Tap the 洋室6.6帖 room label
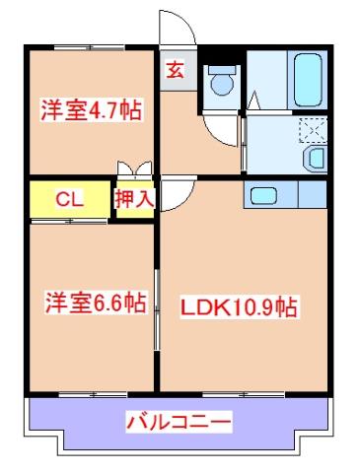coord(94,303)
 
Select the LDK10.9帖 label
coord(238,307)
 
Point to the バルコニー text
coord(179,423)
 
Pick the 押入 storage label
coord(135,198)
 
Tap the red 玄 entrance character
coord(174,70)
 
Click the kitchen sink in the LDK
coord(264,195)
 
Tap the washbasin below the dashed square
coord(317,159)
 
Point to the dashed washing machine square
coord(313,131)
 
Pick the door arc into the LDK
coord(170,194)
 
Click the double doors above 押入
coord(135,169)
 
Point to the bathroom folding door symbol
coord(252,101)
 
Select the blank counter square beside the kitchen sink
coord(311,195)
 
